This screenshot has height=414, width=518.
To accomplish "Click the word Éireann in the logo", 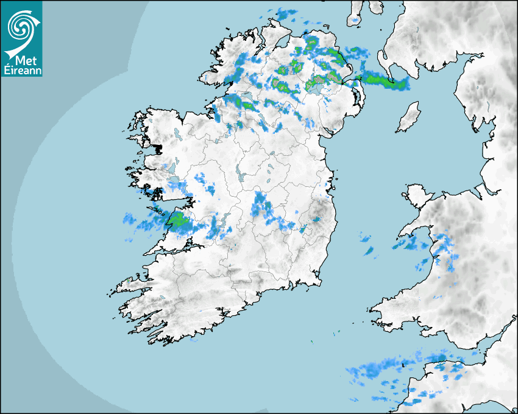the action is click(x=22, y=71).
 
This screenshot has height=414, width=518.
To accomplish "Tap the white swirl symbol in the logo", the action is click(x=21, y=27).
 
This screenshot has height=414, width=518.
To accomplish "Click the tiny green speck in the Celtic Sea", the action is click(x=311, y=342).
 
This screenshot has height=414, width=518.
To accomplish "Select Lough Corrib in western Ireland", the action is click(x=177, y=183).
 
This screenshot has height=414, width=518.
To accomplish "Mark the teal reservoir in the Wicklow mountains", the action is click(x=317, y=219).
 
